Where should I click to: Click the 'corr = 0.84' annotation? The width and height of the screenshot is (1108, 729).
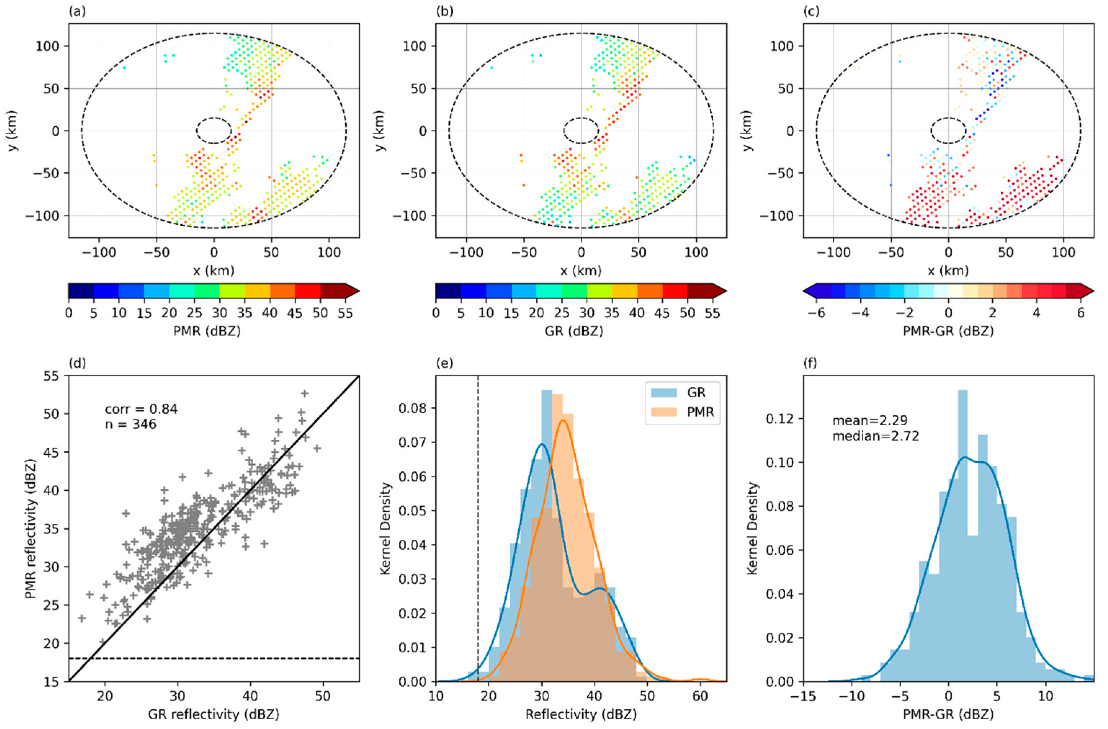point(141,409)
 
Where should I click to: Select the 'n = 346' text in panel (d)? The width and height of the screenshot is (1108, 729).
point(130,424)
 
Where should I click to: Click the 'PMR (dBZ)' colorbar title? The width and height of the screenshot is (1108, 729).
point(213,331)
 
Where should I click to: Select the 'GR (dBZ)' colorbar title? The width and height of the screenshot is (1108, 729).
point(580,331)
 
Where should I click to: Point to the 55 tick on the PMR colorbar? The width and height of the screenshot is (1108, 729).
point(345,313)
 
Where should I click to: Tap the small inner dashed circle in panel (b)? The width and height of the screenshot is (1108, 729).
point(580,130)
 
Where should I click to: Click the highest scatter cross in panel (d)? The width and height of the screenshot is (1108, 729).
point(305,394)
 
